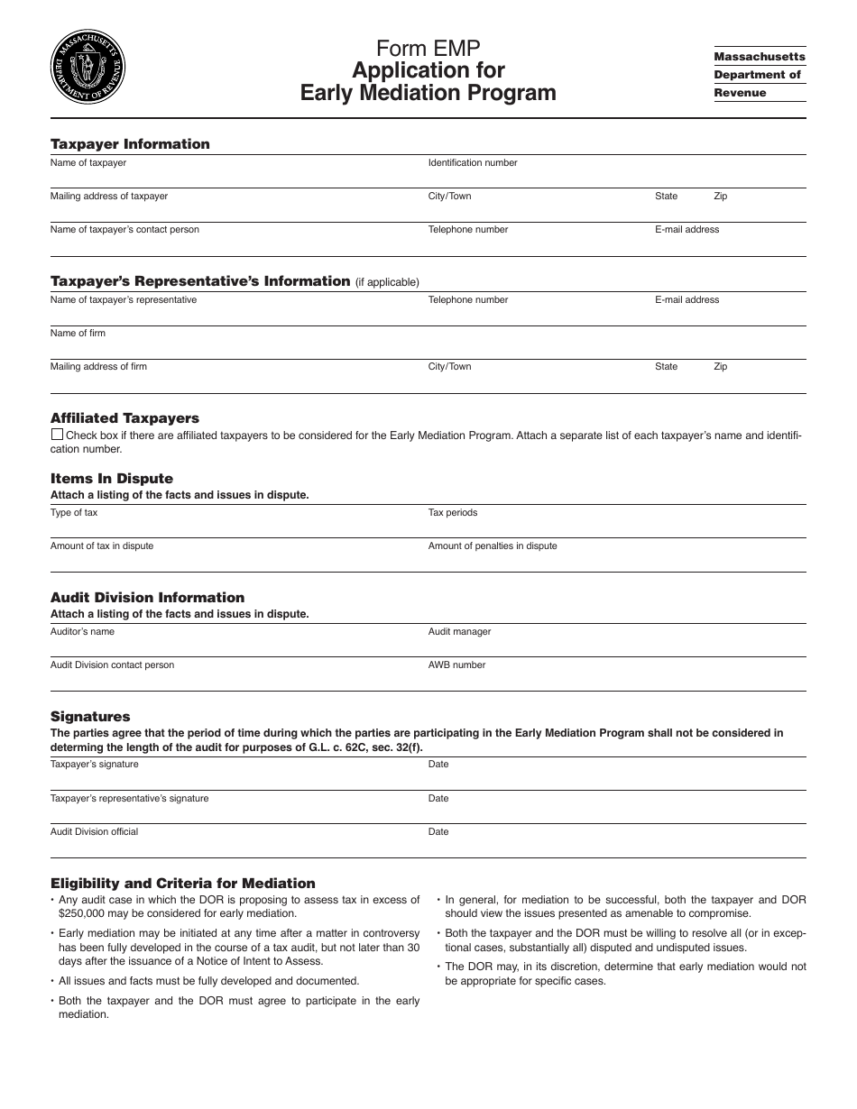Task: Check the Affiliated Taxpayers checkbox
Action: pos(56,435)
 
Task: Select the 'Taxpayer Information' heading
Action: pos(130,144)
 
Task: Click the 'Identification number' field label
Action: pos(473,163)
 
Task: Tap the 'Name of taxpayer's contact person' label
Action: pos(124,230)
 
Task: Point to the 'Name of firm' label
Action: pos(78,334)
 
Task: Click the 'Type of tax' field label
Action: pos(74,513)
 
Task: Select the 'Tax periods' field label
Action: pos(453,513)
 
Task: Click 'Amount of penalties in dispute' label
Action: pos(493,546)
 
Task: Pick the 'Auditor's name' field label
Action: pos(82,632)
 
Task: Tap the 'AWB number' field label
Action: pos(456,665)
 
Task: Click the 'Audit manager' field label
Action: pos(459,632)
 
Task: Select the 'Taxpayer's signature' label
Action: pos(95,765)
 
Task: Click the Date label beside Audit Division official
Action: pos(438,832)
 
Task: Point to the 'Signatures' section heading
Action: pos(90,717)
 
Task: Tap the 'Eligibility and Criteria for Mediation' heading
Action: pos(183,884)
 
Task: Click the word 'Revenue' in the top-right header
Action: pos(740,93)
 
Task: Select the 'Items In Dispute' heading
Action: pos(112,479)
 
